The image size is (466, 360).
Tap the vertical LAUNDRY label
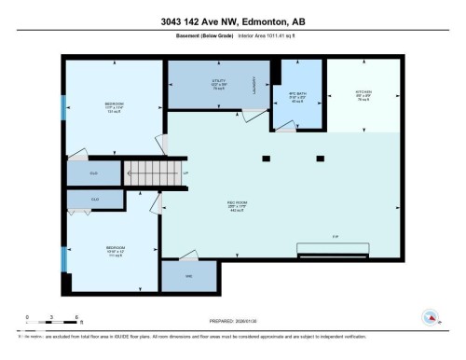click(253, 87)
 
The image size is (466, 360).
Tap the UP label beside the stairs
click(185, 173)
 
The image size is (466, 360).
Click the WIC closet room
click(187, 276)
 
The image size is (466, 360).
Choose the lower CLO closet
click(95, 199)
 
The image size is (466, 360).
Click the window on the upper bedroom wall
click(63, 107)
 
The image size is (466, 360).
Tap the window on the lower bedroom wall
click(63, 257)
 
